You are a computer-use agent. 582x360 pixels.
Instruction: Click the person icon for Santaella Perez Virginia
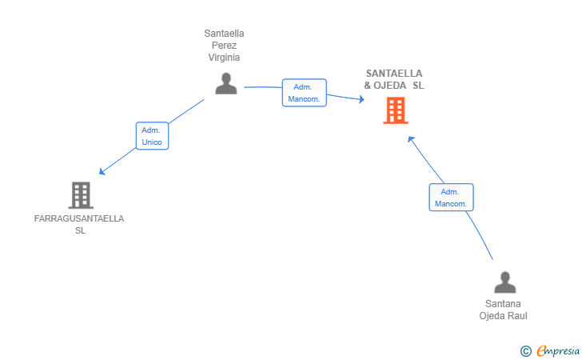[x=226, y=83]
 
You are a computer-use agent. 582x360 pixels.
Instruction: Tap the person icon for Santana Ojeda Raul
[x=504, y=283]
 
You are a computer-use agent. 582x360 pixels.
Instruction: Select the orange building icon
[x=395, y=110]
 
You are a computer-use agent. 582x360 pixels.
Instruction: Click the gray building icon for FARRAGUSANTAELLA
[x=80, y=194]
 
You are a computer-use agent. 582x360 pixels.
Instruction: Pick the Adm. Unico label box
[x=152, y=136]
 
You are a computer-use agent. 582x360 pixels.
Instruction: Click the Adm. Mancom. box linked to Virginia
[x=304, y=93]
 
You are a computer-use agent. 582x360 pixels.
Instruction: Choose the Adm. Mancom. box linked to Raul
[x=451, y=198]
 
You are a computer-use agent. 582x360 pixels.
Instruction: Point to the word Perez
[x=224, y=46]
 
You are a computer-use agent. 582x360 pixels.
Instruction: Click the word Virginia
[x=224, y=58]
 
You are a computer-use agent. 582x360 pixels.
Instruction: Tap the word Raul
[x=516, y=315]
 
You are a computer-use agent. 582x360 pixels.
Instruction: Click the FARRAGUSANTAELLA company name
[x=79, y=218]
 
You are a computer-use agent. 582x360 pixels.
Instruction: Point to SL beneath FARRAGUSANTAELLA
[x=80, y=230]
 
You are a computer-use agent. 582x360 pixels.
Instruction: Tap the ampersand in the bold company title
[x=368, y=86]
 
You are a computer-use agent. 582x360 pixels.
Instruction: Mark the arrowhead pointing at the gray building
[x=102, y=171]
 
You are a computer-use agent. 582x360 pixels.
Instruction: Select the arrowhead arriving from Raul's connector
[x=411, y=138]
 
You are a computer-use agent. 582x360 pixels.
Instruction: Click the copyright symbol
[x=525, y=350]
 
